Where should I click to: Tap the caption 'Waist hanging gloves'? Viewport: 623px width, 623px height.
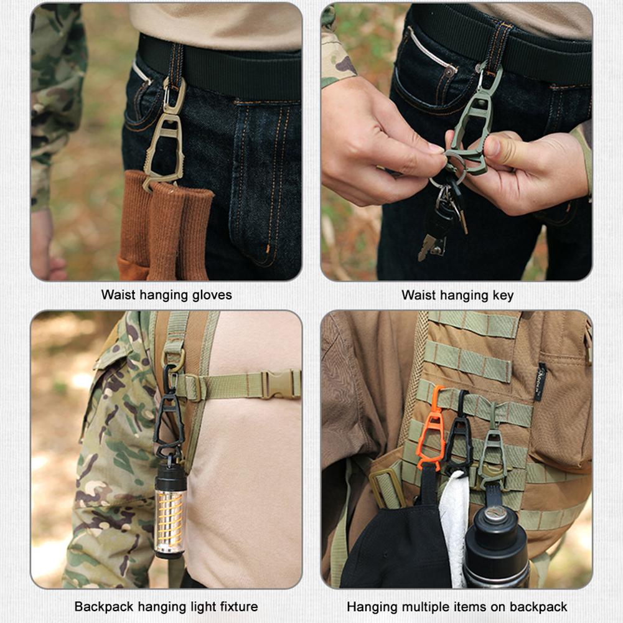point(166,295)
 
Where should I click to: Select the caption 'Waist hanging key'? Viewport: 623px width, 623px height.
point(457,295)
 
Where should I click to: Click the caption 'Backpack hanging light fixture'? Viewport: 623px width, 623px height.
point(166,606)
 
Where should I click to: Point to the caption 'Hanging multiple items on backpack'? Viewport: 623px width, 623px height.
point(457,606)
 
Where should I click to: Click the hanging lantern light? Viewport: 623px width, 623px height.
point(170,510)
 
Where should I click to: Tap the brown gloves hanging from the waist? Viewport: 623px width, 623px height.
point(165,224)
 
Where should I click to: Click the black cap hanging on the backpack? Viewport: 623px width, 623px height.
point(398,548)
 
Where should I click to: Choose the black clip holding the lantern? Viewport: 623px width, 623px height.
point(169,414)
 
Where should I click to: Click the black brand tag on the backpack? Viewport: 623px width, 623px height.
point(540,382)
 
